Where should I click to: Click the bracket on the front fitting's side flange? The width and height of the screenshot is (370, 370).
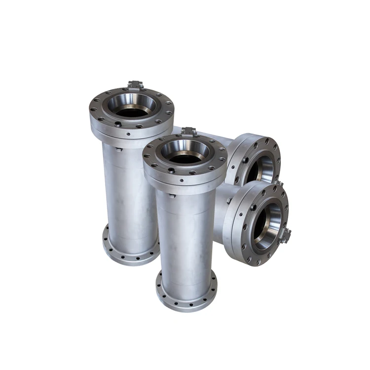(x=286, y=236)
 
